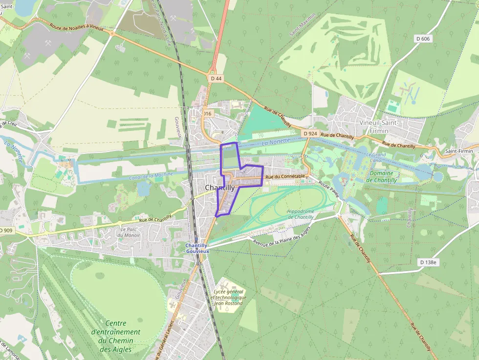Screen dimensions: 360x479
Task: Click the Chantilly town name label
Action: coord(219,188)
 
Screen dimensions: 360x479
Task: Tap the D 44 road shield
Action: coord(216,78)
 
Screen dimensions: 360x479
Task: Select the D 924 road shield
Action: coord(310,133)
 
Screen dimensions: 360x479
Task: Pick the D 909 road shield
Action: coord(5,230)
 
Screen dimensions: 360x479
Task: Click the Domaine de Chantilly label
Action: coord(381,176)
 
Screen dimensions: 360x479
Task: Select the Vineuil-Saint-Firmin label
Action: coord(380,127)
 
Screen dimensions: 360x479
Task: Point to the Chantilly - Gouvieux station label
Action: coord(197,248)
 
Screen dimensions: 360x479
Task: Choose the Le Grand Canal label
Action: coord(376,157)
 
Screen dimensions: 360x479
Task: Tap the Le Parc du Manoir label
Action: coord(129,232)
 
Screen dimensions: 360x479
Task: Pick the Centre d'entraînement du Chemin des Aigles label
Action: coord(116,336)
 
